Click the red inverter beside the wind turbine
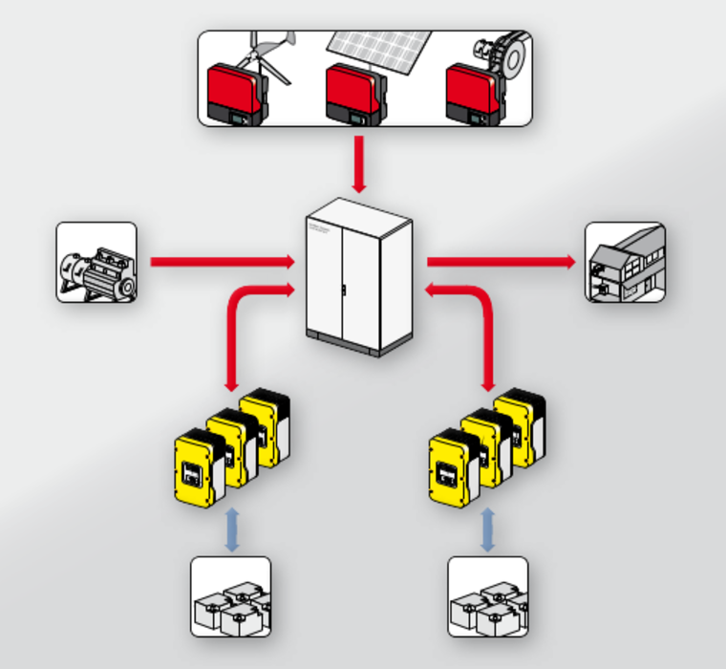point(233,94)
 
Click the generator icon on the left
point(96,263)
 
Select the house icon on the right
point(625,263)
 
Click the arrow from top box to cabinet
point(359,162)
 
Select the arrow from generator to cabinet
point(220,261)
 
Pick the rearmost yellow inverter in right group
point(522,425)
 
